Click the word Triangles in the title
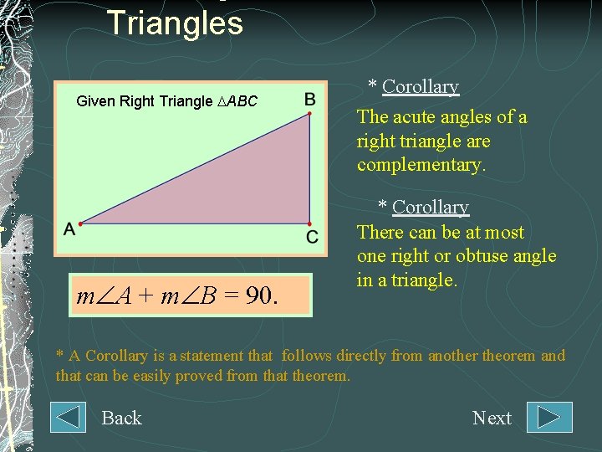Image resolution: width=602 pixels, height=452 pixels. (175, 23)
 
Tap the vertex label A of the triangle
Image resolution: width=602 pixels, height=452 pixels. (69, 229)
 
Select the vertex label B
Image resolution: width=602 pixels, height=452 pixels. (309, 100)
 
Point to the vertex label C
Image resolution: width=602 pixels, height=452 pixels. (311, 238)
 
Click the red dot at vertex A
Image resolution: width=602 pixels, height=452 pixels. (81, 223)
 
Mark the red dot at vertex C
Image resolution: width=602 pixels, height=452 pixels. (309, 223)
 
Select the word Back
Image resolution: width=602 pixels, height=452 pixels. (121, 418)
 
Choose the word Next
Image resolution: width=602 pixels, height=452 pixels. (492, 418)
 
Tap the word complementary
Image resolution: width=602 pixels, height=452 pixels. (421, 165)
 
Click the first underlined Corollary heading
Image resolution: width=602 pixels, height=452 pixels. (420, 86)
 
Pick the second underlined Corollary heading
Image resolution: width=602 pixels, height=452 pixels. (430, 207)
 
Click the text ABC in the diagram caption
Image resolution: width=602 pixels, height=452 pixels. (242, 101)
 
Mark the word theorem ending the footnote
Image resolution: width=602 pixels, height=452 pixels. (321, 376)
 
